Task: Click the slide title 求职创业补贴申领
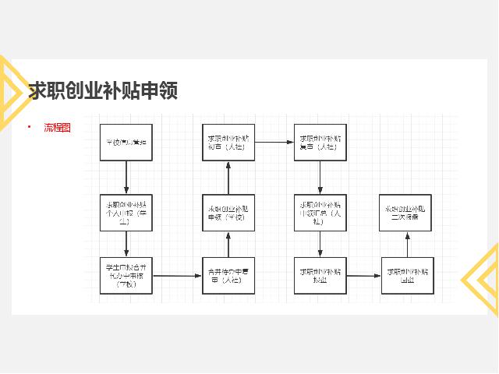tap(104, 91)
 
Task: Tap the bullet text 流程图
tap(57, 127)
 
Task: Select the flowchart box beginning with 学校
tap(126, 143)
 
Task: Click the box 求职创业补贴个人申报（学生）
tap(126, 212)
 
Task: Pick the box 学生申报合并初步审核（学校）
tap(126, 275)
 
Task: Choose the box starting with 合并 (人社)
tap(228, 275)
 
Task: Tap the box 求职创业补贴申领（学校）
tap(228, 213)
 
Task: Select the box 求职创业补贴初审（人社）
tap(228, 143)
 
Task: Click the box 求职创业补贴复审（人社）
tap(320, 143)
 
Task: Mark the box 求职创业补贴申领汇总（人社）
tap(320, 212)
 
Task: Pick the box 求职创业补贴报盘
tap(320, 275)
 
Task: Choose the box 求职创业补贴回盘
tap(407, 275)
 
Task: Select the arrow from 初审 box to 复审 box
tap(274, 143)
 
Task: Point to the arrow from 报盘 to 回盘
tap(363, 275)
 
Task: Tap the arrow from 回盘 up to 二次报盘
tap(406, 244)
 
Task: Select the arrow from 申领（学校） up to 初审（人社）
tap(228, 178)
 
